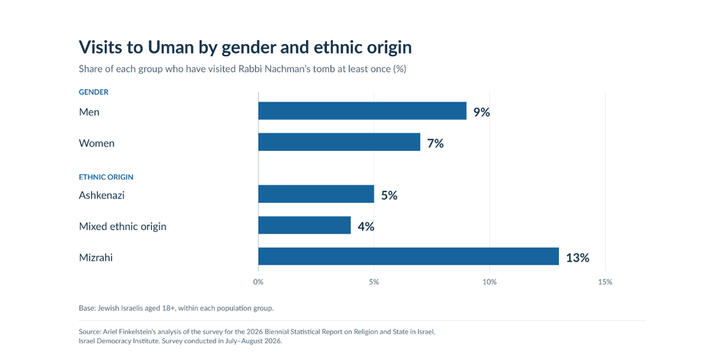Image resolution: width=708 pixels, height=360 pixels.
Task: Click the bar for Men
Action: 362,111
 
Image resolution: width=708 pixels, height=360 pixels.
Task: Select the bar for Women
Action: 339,142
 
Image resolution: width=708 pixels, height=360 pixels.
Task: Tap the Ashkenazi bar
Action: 316,194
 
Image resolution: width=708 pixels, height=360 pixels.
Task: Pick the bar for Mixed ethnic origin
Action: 305,225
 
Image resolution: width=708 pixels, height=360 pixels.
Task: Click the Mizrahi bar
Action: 409,256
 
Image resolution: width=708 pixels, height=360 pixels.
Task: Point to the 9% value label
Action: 481,112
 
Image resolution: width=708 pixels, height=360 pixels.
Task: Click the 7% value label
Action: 435,143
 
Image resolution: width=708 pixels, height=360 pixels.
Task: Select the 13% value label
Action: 577,257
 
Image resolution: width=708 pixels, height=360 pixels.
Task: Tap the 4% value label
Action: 366,226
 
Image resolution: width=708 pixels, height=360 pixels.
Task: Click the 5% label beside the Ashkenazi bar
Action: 389,195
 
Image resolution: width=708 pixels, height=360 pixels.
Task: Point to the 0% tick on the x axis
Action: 259,282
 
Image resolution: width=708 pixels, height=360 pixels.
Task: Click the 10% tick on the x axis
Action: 489,282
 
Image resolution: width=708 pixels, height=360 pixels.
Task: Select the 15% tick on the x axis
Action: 605,282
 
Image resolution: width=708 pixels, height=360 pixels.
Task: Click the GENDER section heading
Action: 93,92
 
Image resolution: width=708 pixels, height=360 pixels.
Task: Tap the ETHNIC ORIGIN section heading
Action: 106,177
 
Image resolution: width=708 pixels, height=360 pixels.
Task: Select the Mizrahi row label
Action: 95,257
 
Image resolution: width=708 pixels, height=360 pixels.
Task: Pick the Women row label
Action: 97,143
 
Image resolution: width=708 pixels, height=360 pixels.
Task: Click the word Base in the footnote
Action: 87,308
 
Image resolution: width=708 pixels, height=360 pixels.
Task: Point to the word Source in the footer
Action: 89,332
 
